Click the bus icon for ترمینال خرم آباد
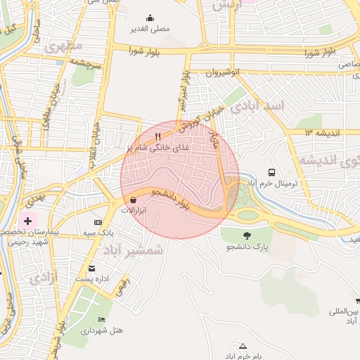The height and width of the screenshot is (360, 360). click(271, 172)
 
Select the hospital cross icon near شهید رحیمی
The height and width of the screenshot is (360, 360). click(27, 221)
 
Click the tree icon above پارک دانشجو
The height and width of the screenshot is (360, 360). click(247, 236)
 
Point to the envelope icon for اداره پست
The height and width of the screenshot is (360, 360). click(92, 269)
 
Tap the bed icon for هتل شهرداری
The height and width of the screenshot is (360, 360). click(102, 319)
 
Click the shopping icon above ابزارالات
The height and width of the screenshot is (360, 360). click(133, 200)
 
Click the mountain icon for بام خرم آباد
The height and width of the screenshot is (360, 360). click(243, 346)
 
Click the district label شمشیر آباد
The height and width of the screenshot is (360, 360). click(133, 250)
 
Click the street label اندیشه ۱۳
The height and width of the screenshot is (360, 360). click(323, 132)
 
